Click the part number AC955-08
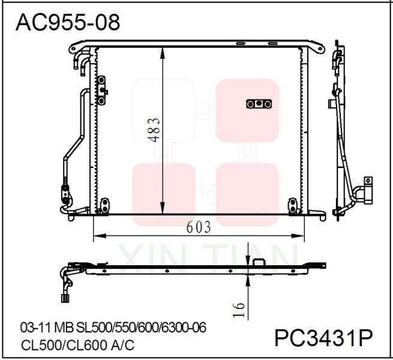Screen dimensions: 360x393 [x=67, y=22]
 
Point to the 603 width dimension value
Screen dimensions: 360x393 [x=198, y=227]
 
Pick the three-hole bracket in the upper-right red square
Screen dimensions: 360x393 [x=259, y=104]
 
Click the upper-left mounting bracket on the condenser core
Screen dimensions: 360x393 [x=103, y=85]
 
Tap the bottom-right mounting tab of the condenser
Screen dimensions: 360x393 [x=293, y=205]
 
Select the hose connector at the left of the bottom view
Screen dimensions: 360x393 [x=64, y=295]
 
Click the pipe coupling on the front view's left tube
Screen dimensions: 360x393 [x=64, y=194]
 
